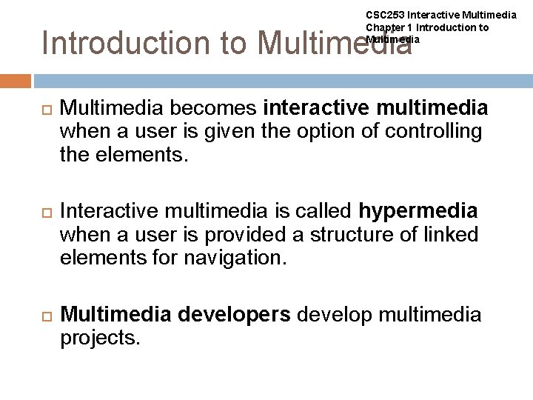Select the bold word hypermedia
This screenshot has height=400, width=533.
(x=418, y=212)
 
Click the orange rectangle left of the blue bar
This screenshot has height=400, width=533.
(x=16, y=81)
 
